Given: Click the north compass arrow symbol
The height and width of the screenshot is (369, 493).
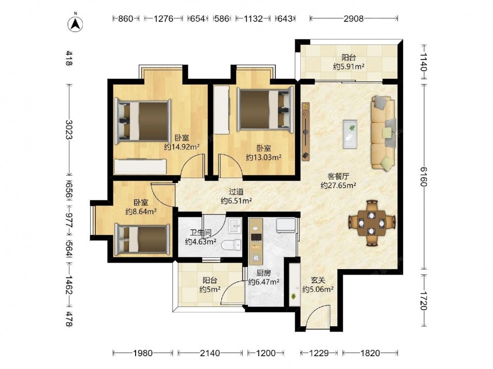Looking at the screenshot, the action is tap(75, 24).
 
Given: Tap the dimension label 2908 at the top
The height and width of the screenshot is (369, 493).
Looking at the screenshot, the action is tap(353, 19).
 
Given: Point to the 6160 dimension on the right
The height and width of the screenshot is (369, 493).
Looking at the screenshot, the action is tap(424, 176).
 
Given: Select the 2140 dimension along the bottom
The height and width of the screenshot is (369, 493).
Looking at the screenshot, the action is tap(210, 353).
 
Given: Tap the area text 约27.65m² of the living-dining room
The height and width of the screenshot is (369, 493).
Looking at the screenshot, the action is tap(338, 185).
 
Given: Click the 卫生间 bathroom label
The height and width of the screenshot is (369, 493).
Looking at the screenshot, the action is tap(201, 233).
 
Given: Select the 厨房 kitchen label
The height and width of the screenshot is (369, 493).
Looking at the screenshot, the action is tap(264, 273).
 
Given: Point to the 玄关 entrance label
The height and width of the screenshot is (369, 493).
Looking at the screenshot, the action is tap(318, 280).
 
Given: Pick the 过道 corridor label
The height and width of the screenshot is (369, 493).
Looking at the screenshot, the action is tap(236, 192).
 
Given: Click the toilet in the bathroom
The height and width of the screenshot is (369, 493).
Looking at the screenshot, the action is tap(231, 245).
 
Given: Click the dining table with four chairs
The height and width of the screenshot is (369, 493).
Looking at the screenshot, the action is tap(372, 223).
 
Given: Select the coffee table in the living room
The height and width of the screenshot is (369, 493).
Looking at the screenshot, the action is tap(350, 134).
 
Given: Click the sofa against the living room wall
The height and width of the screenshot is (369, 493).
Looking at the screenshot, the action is tap(383, 133).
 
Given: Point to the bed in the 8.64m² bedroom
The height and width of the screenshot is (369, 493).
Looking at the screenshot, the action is tap(142, 240).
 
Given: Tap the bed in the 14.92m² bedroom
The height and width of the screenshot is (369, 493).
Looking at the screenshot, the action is tap(143, 122).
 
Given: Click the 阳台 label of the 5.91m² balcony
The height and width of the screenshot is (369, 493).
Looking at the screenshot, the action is tap(349, 58).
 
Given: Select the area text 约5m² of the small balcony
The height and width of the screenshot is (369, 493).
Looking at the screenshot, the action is tap(210, 289).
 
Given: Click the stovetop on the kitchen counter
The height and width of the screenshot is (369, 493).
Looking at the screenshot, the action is tap(255, 237).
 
